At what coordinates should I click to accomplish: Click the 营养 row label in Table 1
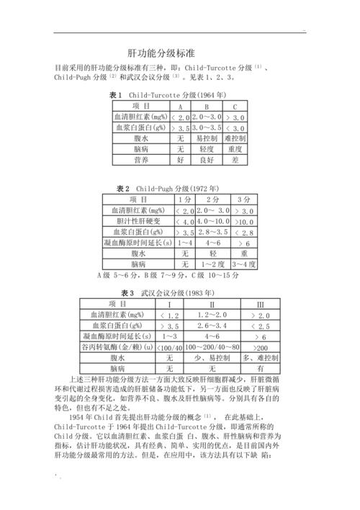pyautogui.click(x=141, y=158)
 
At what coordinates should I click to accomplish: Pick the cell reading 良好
pyautogui.click(x=207, y=158)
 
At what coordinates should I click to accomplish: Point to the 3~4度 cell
pyautogui.click(x=244, y=264)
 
